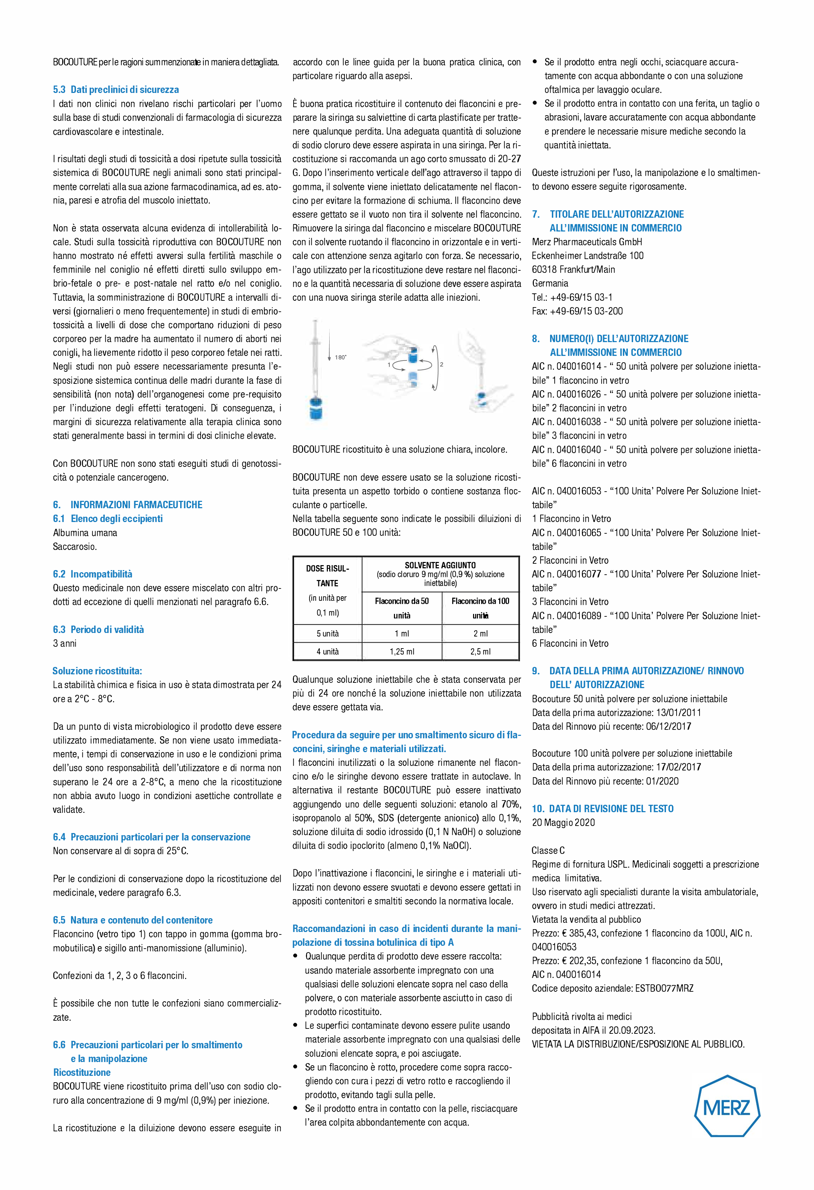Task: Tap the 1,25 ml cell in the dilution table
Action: [402, 651]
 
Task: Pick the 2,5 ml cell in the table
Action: [480, 651]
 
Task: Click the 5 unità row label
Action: [328, 633]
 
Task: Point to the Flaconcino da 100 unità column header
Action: [480, 608]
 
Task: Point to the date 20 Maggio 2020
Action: [563, 822]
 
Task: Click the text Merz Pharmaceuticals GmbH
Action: [587, 242]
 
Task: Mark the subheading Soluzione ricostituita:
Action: [97, 671]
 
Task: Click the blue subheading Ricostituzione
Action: [82, 1072]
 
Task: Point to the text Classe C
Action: [548, 850]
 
